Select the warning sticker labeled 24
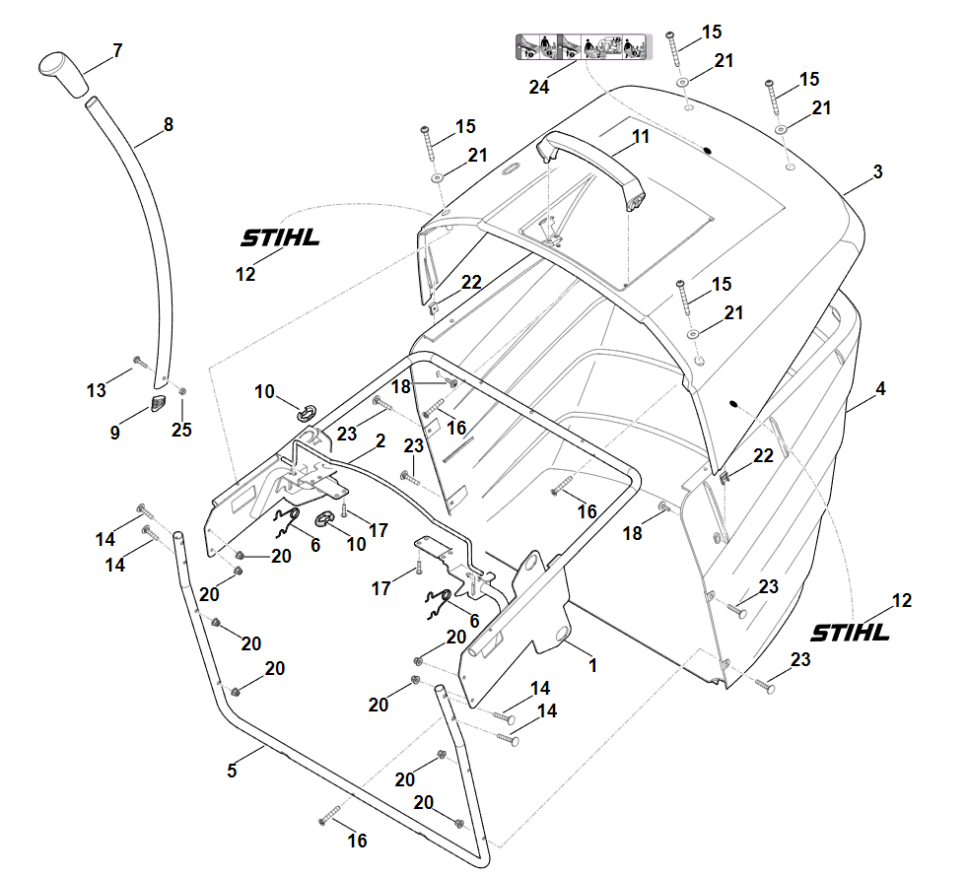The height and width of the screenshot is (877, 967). coord(584,47)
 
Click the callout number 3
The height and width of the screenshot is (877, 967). coord(877,171)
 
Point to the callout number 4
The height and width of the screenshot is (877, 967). coord(880,389)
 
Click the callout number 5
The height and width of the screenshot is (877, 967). coord(232,771)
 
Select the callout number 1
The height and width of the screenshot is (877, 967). coord(592,665)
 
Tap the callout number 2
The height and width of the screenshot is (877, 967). coord(380,440)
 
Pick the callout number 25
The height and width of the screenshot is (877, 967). coord(181,430)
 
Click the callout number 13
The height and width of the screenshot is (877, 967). coord(97,390)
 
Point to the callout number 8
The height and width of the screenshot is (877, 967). coord(169,124)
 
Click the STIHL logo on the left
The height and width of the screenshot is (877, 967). coord(281,237)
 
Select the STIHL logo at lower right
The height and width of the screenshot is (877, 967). coord(850,633)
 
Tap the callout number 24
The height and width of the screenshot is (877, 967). coord(538,88)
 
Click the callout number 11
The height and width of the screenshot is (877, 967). coord(641,136)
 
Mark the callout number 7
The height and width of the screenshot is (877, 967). coord(117,50)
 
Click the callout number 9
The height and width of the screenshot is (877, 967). coord(114,433)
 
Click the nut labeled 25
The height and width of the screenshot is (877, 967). coord(182,391)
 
